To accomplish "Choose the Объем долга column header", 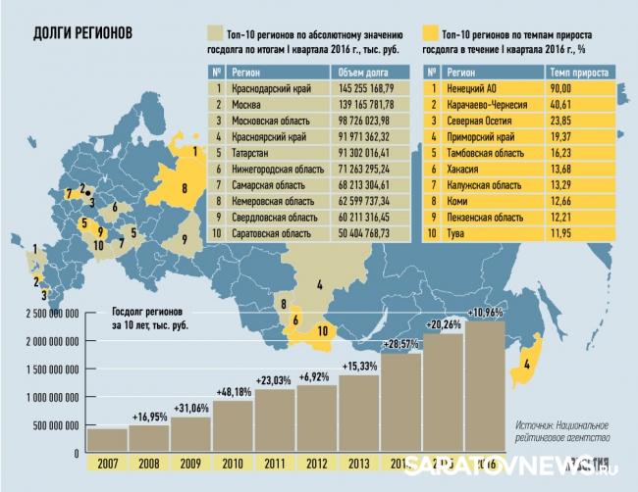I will pyautogui.click(x=363, y=72).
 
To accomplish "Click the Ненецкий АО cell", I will pyautogui.click(x=475, y=87).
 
